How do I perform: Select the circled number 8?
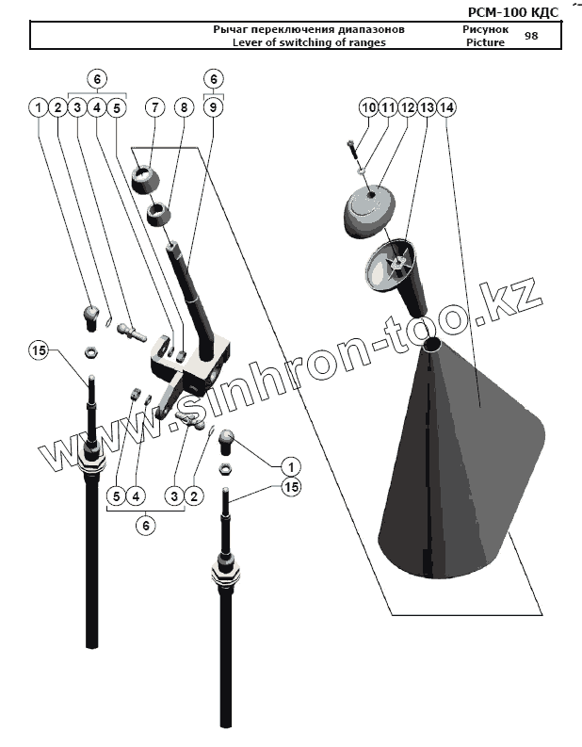pyautogui.click(x=184, y=108)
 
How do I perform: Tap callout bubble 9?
pyautogui.click(x=214, y=108)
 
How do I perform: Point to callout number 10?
pyautogui.click(x=368, y=108)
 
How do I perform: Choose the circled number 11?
pyautogui.click(x=387, y=108)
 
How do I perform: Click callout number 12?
pyautogui.click(x=407, y=108)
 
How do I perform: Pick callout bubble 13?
pyautogui.click(x=427, y=108)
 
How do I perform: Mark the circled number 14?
pyautogui.click(x=446, y=108)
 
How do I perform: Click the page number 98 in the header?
pyautogui.click(x=531, y=36)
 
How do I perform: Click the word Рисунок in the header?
pyautogui.click(x=485, y=29)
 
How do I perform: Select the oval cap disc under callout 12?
pyautogui.click(x=373, y=209)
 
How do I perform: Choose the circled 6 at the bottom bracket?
pyautogui.click(x=145, y=527)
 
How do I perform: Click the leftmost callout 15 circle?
pyautogui.click(x=38, y=350)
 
